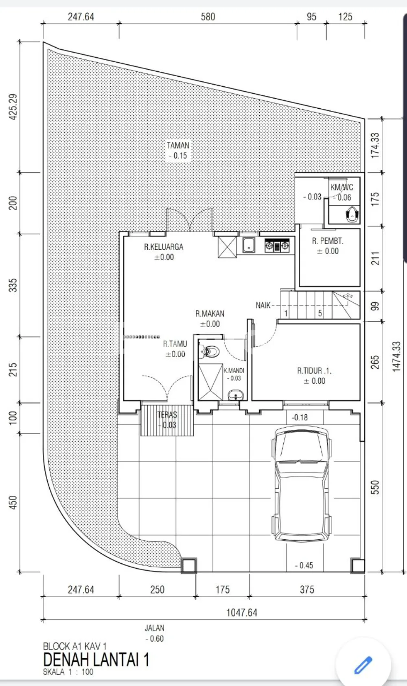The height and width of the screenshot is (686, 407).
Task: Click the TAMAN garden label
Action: pyautogui.click(x=178, y=145)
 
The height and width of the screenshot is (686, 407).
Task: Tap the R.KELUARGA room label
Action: pyautogui.click(x=164, y=247)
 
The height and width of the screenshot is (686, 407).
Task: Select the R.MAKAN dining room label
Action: pyautogui.click(x=210, y=314)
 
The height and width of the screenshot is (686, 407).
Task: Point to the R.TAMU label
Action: pyautogui.click(x=175, y=344)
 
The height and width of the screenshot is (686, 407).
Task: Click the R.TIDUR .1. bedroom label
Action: pyautogui.click(x=314, y=371)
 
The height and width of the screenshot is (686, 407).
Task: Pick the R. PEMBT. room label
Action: pyautogui.click(x=328, y=241)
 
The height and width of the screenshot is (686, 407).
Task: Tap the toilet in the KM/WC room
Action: pyautogui.click(x=352, y=214)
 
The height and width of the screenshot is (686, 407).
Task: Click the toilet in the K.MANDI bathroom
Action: pyautogui.click(x=209, y=351)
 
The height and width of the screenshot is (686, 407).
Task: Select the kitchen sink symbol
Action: pyautogui.click(x=249, y=245)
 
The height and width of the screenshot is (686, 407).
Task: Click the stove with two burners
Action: pyautogui.click(x=277, y=246)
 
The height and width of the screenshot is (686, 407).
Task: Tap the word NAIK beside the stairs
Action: pyautogui.click(x=263, y=306)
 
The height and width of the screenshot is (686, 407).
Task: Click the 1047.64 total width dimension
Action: pyautogui.click(x=242, y=613)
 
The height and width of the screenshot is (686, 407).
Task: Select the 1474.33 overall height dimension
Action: pyautogui.click(x=396, y=357)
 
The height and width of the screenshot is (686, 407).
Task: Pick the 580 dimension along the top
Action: pyautogui.click(x=208, y=17)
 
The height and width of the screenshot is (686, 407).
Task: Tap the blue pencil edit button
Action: pyautogui.click(x=363, y=665)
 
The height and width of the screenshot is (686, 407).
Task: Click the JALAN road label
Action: pyautogui.click(x=155, y=628)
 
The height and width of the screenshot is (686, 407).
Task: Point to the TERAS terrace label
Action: pyautogui.click(x=167, y=415)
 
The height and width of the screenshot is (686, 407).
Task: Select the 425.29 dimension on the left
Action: pyautogui.click(x=13, y=107)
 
